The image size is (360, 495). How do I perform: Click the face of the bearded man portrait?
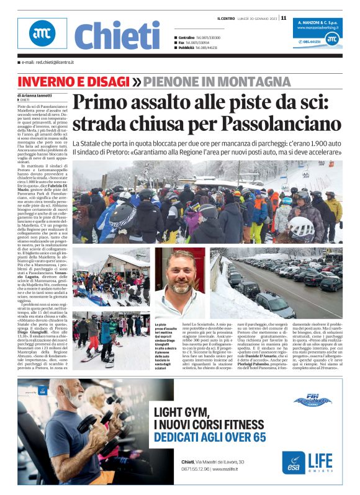click(x=182, y=279)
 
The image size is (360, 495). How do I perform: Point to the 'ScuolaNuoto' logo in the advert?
click(x=312, y=401)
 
